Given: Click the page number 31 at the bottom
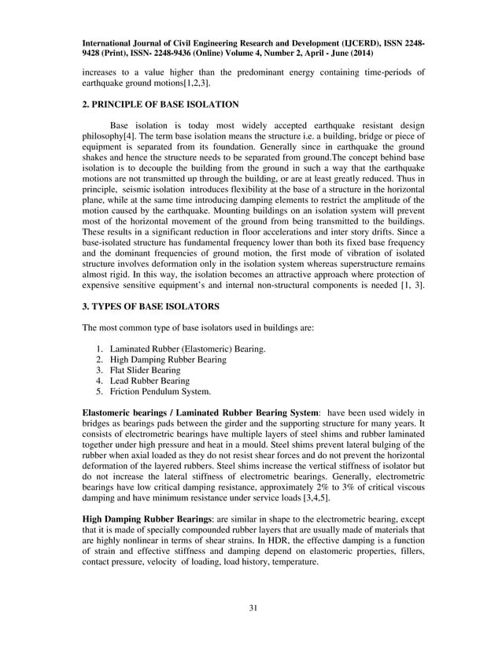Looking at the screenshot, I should coord(251,607).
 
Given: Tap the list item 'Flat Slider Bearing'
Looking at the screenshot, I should coord(146,370).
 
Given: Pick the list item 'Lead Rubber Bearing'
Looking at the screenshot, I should coord(149,380).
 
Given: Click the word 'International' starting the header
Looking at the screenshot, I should coord(106,44).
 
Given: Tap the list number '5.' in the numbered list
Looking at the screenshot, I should coord(99,391).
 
